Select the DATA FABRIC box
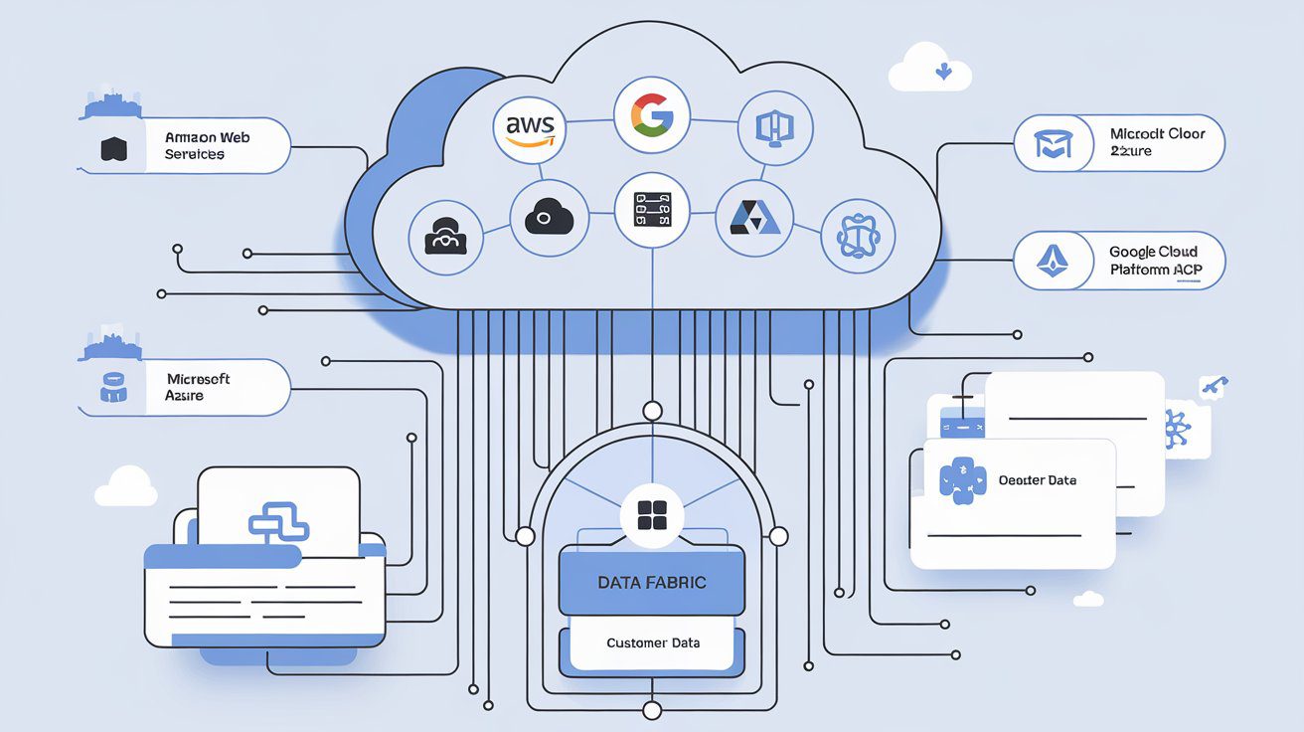click(652, 583)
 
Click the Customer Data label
click(653, 642)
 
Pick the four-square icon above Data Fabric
click(651, 516)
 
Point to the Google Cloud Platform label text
click(1153, 261)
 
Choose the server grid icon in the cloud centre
click(652, 210)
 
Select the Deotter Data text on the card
click(1037, 480)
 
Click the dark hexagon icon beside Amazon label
click(114, 150)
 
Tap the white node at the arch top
click(652, 410)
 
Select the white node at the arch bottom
click(652, 709)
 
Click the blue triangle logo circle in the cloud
click(754, 217)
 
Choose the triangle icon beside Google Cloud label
click(1052, 261)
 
